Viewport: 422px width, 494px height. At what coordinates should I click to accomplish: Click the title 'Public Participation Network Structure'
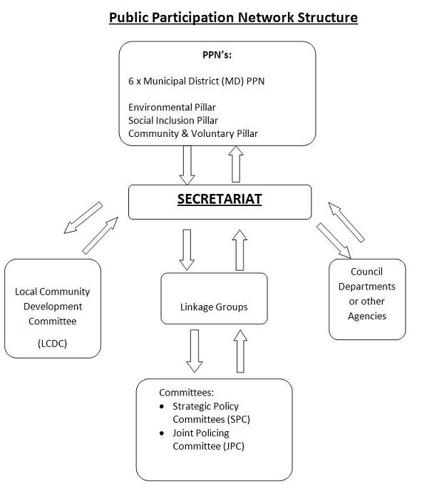pos(232,16)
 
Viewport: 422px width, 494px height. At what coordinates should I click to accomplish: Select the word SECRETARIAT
pos(219,200)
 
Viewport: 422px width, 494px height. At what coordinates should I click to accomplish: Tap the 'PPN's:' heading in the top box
pos(219,54)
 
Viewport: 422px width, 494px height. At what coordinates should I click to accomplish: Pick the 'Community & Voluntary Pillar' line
pos(192,133)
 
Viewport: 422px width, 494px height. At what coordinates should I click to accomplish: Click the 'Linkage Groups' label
pos(214,307)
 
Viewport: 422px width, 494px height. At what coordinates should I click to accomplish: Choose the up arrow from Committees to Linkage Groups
pos(240,351)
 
